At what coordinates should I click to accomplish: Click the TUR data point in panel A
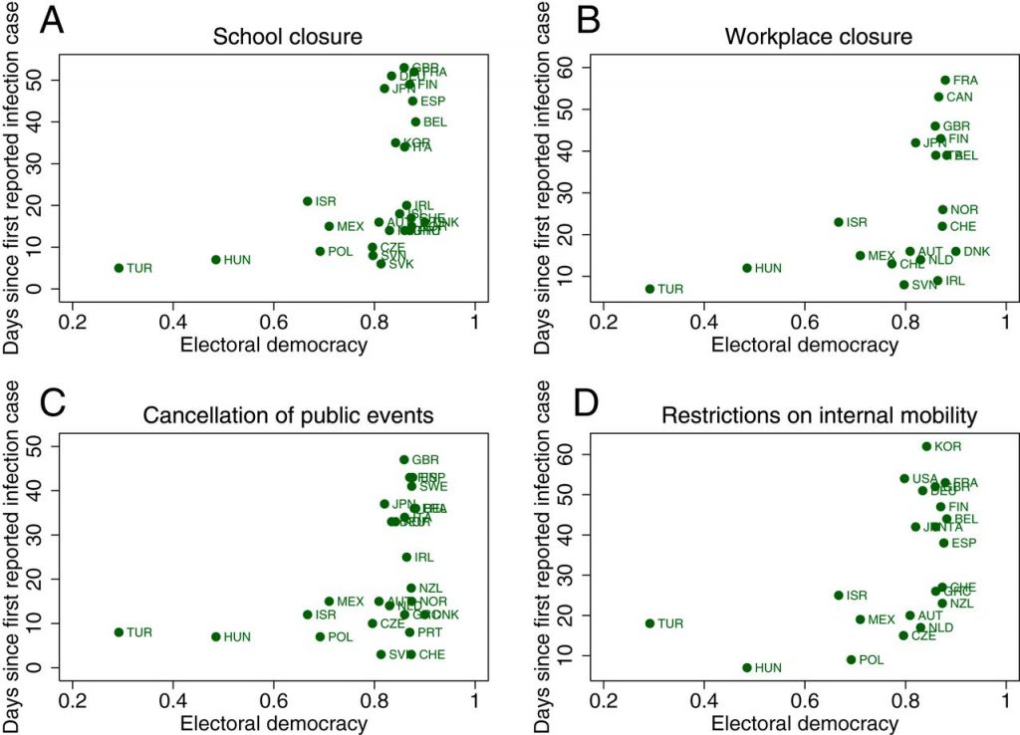coord(119,268)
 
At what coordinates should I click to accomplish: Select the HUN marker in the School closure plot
coord(215,260)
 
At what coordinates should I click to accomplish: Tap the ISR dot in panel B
coord(839,222)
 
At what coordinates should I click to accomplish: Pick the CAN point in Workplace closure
coord(938,97)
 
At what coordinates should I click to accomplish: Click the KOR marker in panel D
coord(926,447)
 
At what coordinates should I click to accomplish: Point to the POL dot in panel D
coord(851,659)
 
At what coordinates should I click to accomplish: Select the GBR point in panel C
coord(404,460)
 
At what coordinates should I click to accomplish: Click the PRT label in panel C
coord(430,632)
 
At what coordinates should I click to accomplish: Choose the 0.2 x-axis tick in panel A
coord(72,324)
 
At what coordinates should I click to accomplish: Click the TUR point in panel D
coord(649,623)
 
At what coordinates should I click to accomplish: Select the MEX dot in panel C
coord(329,602)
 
